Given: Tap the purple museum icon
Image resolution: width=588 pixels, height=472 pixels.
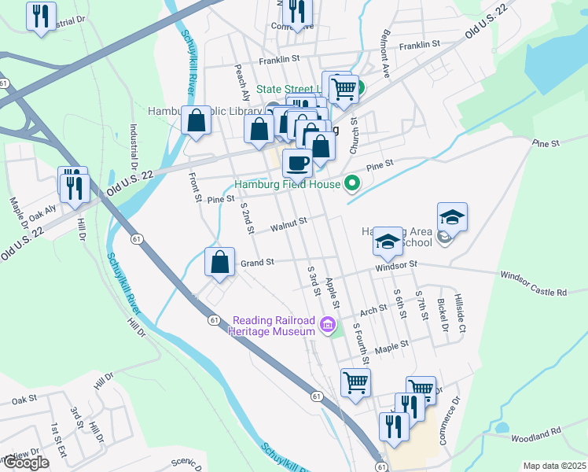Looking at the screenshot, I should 329,323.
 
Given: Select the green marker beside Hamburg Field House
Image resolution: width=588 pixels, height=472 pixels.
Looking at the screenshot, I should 352,184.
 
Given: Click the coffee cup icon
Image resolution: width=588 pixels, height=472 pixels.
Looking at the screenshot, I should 297,163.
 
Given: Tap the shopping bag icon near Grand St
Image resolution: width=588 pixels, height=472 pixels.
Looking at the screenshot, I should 220,262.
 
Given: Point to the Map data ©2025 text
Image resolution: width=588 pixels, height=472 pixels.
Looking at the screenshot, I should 554,466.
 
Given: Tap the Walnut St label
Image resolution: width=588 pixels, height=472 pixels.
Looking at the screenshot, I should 287,226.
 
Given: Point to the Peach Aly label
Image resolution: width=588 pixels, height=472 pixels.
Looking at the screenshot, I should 241,83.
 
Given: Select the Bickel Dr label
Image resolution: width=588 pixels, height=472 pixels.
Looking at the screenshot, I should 443,315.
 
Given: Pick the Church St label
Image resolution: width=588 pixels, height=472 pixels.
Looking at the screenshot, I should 354,134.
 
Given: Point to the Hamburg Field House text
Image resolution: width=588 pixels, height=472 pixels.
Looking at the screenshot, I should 287,185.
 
